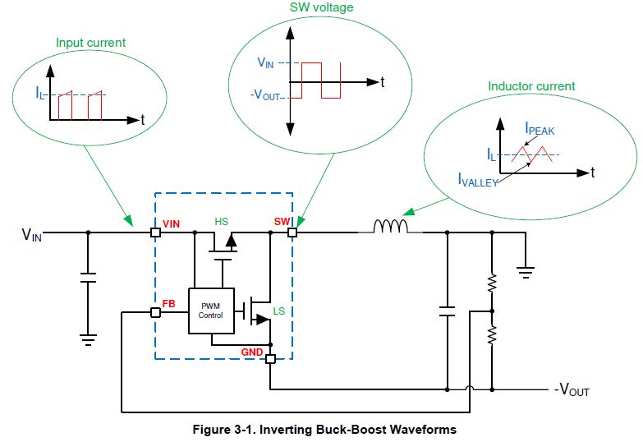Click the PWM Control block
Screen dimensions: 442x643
[x=210, y=311]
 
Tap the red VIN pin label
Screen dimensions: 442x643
[x=171, y=222]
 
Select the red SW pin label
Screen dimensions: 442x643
[x=282, y=222]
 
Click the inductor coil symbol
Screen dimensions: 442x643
[x=390, y=227]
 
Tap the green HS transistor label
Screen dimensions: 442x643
[x=222, y=222]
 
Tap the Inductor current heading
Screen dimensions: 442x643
[x=531, y=86]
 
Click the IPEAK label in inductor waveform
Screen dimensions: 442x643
[x=542, y=129]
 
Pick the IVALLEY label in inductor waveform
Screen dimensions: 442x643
[x=476, y=182]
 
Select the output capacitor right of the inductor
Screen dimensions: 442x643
[x=448, y=311]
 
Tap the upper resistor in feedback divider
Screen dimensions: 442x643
[x=492, y=283]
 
